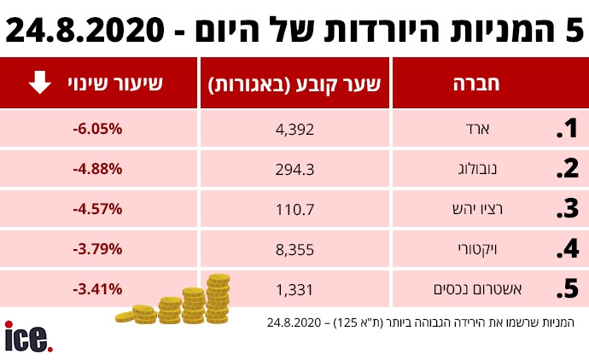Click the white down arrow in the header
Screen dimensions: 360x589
click(38, 84)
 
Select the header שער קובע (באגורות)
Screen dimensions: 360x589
click(294, 84)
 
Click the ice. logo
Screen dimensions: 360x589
click(29, 337)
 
